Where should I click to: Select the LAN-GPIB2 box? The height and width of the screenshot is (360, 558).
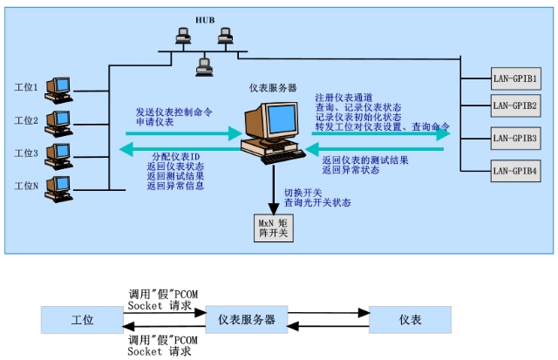click(514, 106)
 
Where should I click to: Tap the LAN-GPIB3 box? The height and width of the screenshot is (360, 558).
click(514, 139)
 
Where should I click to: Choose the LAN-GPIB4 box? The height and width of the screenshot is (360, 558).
click(514, 171)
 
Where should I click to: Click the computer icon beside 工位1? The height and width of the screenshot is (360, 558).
click(58, 87)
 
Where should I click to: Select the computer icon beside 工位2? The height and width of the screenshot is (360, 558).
click(58, 119)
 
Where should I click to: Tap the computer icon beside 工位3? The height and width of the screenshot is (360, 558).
click(58, 152)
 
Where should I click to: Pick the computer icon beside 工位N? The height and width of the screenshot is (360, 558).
click(58, 185)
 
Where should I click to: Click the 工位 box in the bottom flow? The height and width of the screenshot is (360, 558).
click(83, 321)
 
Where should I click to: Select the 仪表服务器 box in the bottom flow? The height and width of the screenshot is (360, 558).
click(247, 321)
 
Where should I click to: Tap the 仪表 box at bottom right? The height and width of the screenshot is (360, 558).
click(410, 321)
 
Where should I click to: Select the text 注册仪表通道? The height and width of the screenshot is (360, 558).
click(341, 97)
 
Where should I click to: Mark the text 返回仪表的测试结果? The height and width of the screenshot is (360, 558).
click(365, 160)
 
